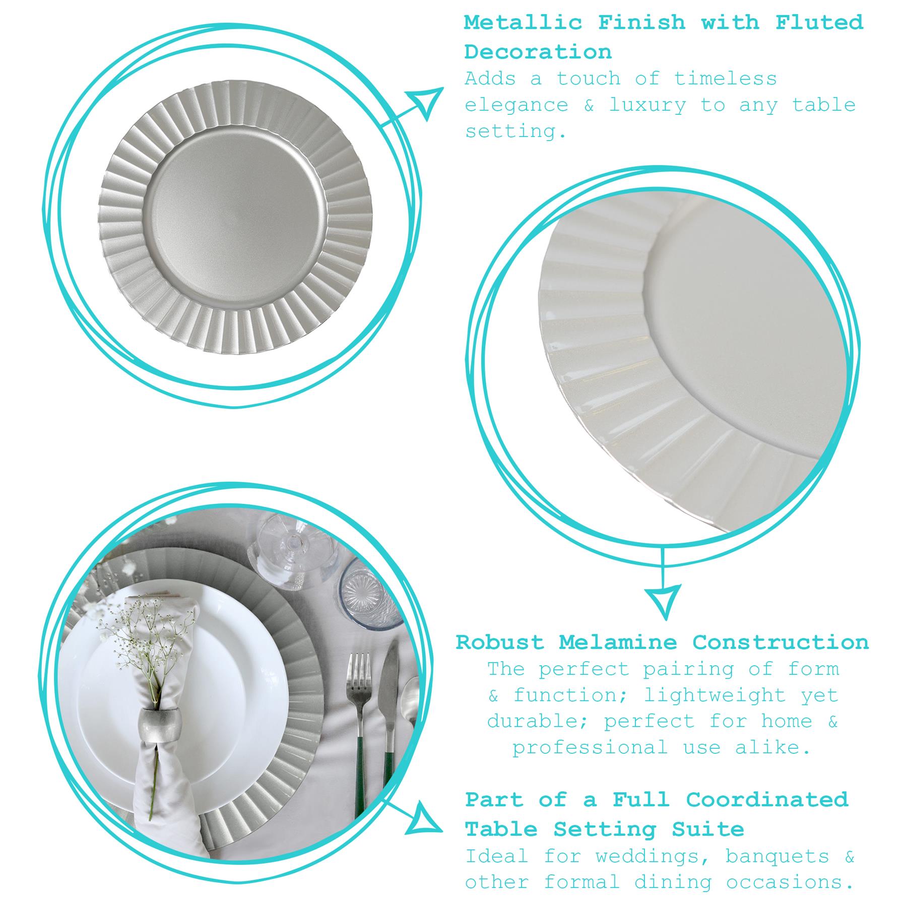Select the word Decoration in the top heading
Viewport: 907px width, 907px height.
(x=538, y=52)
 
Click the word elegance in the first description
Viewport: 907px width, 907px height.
(x=516, y=106)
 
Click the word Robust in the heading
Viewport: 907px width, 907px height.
(x=500, y=642)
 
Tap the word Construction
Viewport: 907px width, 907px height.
(x=781, y=642)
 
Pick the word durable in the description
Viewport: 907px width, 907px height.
(x=539, y=722)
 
